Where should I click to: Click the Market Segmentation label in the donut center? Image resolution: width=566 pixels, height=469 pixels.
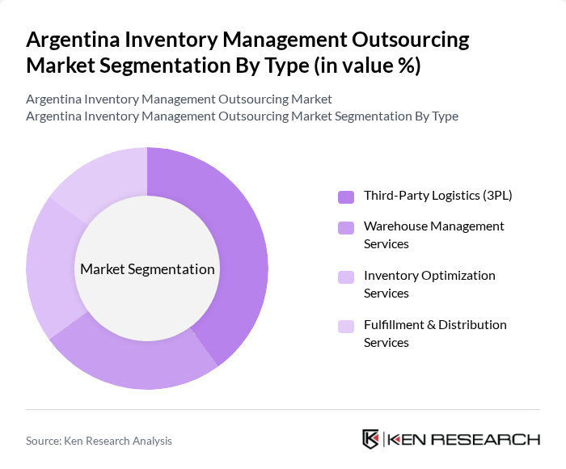147,269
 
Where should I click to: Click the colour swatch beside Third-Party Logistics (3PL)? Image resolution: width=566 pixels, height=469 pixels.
346,196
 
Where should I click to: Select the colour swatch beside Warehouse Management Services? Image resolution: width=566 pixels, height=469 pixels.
346,228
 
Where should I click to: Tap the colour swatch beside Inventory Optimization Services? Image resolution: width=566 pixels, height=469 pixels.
346,277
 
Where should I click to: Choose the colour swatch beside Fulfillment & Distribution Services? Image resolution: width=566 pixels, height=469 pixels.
346,326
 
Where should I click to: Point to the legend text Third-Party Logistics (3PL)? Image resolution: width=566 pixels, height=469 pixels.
437,195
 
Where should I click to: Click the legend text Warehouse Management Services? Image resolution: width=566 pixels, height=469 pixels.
433,234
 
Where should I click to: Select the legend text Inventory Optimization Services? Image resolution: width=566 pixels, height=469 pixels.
429,284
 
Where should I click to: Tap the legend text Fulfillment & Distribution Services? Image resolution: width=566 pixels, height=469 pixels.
435,333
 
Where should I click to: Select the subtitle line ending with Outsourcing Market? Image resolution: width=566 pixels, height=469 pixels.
179,99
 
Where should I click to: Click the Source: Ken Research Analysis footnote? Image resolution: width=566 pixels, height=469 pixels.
99,441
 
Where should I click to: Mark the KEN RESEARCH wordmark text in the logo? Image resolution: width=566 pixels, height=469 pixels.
463,439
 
